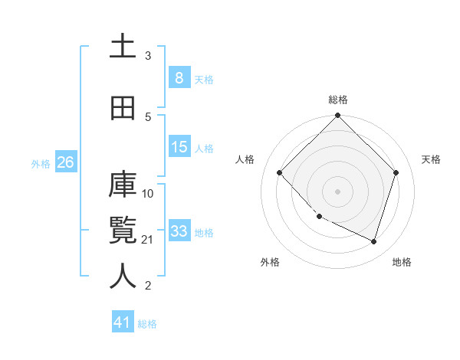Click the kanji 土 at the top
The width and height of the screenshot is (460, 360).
(x=123, y=45)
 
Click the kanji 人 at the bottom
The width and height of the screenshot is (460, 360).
(x=123, y=275)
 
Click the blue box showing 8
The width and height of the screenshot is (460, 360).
(x=179, y=77)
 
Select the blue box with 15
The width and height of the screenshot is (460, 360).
(x=179, y=147)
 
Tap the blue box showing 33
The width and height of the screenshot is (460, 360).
(x=179, y=231)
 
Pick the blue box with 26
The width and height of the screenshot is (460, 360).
(x=65, y=162)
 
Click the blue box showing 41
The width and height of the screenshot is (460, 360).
(x=123, y=322)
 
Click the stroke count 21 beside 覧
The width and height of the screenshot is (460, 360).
(x=149, y=240)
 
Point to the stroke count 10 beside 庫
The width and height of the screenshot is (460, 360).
(x=149, y=193)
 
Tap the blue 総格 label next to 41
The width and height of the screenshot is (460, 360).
(x=147, y=324)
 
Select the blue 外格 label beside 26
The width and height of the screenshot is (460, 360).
(x=40, y=163)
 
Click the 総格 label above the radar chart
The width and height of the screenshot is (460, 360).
(x=338, y=100)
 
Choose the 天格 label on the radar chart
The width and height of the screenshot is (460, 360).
(x=432, y=159)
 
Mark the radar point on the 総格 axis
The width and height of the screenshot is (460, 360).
(x=337, y=116)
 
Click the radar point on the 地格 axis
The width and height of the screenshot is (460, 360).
(x=373, y=242)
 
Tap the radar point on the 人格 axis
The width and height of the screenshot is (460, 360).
(x=280, y=172)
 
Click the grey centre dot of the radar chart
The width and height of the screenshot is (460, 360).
(x=337, y=191)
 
